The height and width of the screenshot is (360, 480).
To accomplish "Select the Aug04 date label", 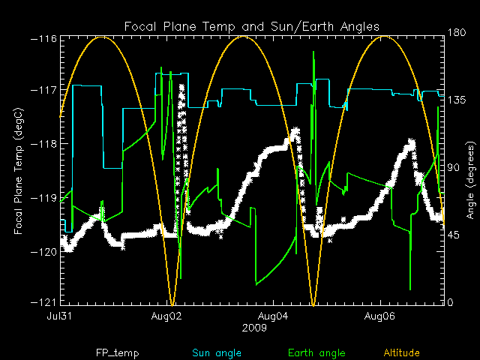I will click(274, 316).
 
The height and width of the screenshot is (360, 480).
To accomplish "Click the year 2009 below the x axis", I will click(252, 328).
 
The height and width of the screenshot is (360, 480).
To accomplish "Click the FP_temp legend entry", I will click(117, 352).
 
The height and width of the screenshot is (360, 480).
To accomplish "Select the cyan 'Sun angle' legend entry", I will click(214, 352).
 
